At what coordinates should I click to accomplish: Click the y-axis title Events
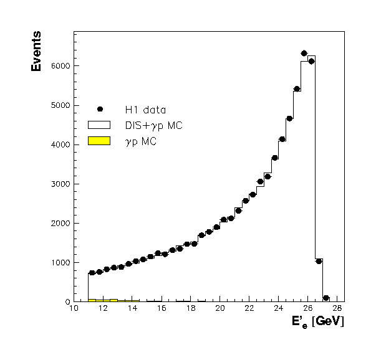coord(36,51)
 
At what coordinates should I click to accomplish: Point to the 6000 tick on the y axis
coord(62,66)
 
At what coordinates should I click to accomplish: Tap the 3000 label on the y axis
coord(62,184)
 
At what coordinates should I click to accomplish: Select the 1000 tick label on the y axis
coord(62,263)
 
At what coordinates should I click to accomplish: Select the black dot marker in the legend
coord(100,110)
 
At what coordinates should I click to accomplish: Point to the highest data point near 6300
coord(304,54)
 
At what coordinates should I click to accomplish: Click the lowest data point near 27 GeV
coord(326,298)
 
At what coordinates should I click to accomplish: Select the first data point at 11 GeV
coord(92,272)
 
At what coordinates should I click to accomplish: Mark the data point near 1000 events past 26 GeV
coord(319,261)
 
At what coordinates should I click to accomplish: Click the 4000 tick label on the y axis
coord(62,144)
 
